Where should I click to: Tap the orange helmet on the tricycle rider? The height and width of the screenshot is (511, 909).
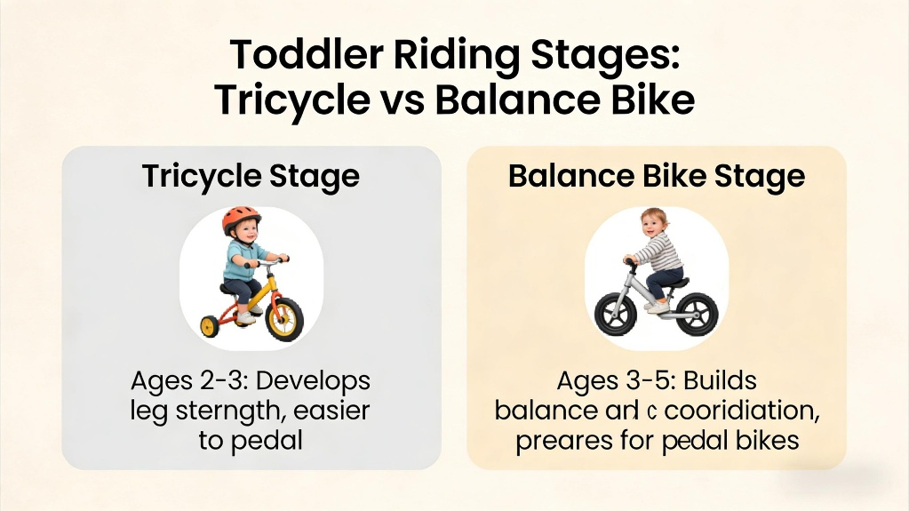(x=241, y=220)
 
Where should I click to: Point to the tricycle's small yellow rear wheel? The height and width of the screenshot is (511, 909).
(x=210, y=325)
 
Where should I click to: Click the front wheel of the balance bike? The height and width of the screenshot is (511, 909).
(x=613, y=315)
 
